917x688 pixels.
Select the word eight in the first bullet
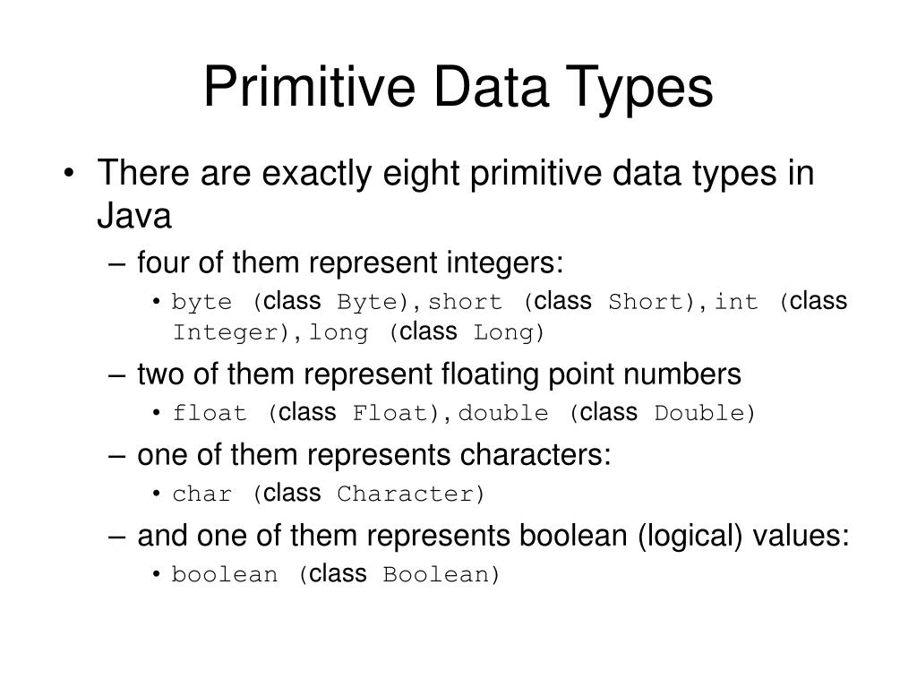click(409, 173)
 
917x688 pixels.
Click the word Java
click(133, 216)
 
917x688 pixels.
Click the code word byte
click(201, 302)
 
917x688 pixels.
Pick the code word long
click(339, 333)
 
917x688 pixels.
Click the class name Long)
click(509, 333)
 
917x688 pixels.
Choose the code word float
click(210, 413)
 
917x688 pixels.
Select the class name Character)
click(411, 494)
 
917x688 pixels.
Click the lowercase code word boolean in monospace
click(225, 574)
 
